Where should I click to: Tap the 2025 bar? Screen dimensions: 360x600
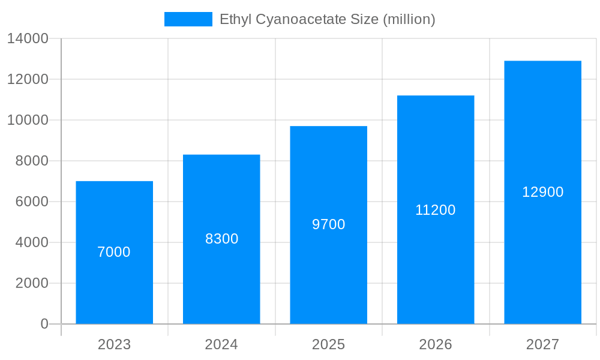point(328,270)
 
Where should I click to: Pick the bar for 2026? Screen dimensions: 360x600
point(436,264)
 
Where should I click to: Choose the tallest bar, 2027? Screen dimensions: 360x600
point(542,252)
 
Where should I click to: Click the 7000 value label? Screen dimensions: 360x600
point(114,252)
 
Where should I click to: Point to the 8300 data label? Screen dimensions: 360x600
point(221,239)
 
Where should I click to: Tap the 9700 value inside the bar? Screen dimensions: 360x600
point(328,224)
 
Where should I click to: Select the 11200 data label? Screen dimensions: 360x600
point(436,210)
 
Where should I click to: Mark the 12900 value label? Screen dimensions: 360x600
point(542,192)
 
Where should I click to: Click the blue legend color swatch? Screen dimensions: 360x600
point(188,19)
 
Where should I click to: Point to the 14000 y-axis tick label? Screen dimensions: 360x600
point(28,39)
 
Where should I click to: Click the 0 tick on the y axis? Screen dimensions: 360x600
point(44,324)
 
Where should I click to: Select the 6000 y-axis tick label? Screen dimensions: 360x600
point(32,202)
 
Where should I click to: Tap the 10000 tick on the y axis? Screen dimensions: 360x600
point(28,120)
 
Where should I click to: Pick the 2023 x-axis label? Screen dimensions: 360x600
point(114,344)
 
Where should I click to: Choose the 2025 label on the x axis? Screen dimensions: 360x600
point(328,344)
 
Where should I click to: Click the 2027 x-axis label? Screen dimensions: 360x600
point(542,344)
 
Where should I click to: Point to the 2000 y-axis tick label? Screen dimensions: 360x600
point(32,283)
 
